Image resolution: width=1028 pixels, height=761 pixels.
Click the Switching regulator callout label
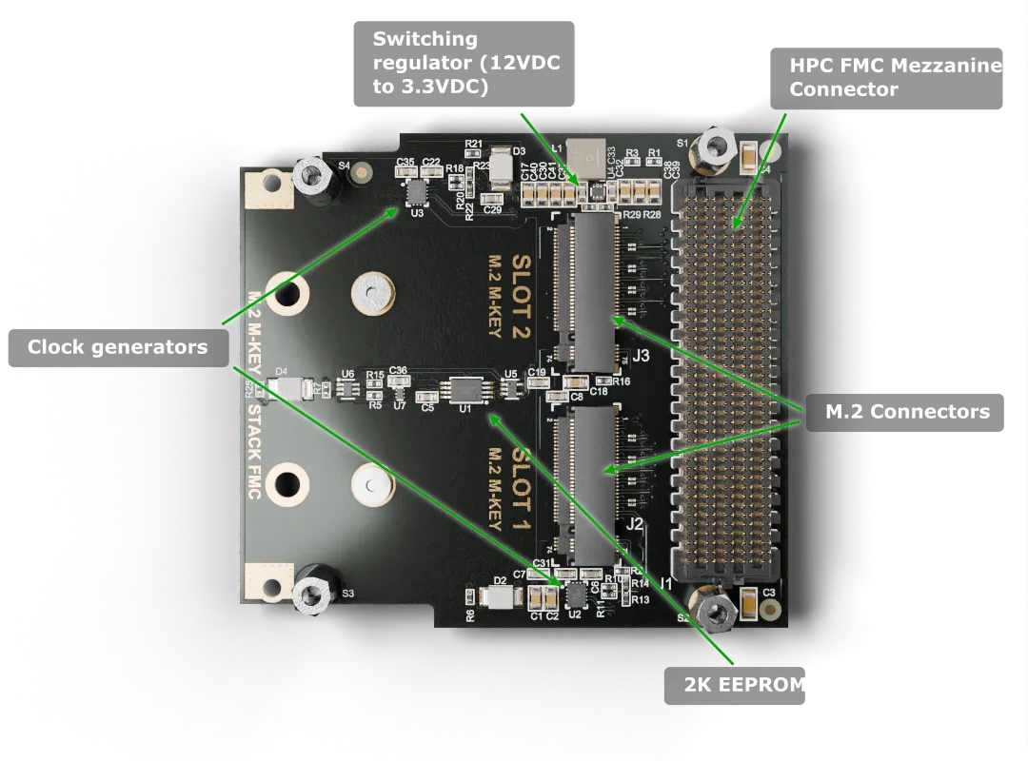point(465,62)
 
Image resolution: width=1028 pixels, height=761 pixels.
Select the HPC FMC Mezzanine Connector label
point(895,78)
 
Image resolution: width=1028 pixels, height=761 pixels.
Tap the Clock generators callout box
point(117,347)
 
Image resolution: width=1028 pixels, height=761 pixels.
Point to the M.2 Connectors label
point(907,411)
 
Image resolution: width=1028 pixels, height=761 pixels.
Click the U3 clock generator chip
point(417,193)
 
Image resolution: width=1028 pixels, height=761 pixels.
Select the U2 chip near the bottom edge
point(575,595)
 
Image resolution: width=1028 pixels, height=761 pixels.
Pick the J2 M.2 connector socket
point(592,483)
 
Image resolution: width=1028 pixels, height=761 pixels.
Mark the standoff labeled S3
point(311,591)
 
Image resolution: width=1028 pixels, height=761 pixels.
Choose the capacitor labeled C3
point(749,602)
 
